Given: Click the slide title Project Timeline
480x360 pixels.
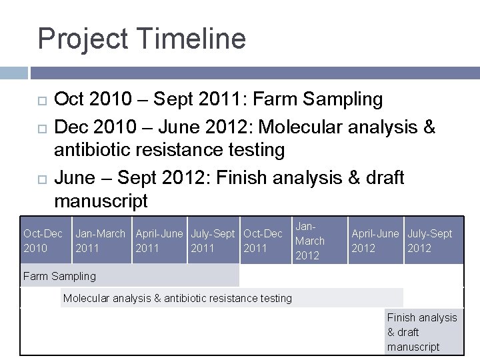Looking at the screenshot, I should pos(141,39).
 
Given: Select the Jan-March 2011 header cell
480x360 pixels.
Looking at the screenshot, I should pos(101,241).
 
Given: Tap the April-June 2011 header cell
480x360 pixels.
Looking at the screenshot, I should pos(159,241).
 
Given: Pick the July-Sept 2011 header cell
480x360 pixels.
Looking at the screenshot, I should pos(213,241).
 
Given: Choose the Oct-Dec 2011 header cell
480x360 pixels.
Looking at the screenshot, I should pos(264,241).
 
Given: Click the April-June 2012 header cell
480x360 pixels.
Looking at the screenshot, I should pos(375,241).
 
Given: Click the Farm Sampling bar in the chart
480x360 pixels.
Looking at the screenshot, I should pos(129,275).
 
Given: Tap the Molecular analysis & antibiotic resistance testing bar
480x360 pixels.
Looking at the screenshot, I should pos(232,298).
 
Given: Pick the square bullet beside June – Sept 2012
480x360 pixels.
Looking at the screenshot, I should pos(42,178).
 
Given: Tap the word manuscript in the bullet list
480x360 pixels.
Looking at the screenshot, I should pos(101,201).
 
